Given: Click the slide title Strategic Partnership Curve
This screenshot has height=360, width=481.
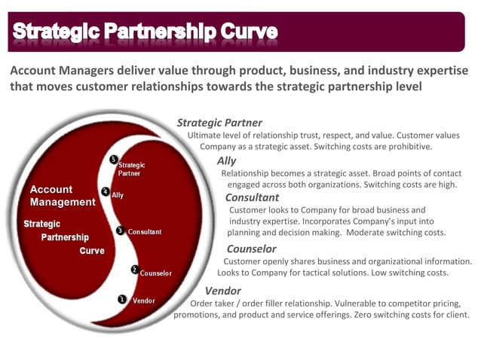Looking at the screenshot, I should (145, 32).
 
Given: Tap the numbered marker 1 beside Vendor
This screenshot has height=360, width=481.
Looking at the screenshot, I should (121, 299).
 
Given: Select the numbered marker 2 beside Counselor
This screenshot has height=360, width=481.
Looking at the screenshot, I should (134, 270).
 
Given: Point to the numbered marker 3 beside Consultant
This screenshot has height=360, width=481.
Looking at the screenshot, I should (121, 230).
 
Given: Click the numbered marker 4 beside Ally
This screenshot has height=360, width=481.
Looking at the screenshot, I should (105, 193).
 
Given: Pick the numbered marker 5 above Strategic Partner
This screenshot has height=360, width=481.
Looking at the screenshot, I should (113, 160).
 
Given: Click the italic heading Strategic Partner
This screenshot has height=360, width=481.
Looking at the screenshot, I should (219, 123).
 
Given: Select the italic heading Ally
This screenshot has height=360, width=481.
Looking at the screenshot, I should (226, 160).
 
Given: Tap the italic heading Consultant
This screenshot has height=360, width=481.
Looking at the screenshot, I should (252, 197).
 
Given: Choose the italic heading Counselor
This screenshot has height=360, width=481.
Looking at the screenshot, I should (251, 249).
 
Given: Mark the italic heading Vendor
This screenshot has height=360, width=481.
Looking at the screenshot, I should (222, 291).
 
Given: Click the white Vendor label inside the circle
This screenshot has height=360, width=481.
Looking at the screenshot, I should (144, 301).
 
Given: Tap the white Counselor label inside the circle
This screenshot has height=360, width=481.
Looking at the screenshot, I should (156, 273).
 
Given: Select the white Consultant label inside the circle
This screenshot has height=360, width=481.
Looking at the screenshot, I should (145, 232).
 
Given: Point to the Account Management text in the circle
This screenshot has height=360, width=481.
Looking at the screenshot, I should (62, 196).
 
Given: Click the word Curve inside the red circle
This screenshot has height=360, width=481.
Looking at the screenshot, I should (92, 252).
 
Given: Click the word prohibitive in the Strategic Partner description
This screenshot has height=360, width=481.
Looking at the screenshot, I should (407, 147).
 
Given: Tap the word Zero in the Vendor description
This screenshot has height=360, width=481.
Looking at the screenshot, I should (366, 315).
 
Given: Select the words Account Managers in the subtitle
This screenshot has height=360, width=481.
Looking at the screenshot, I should (58, 71).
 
